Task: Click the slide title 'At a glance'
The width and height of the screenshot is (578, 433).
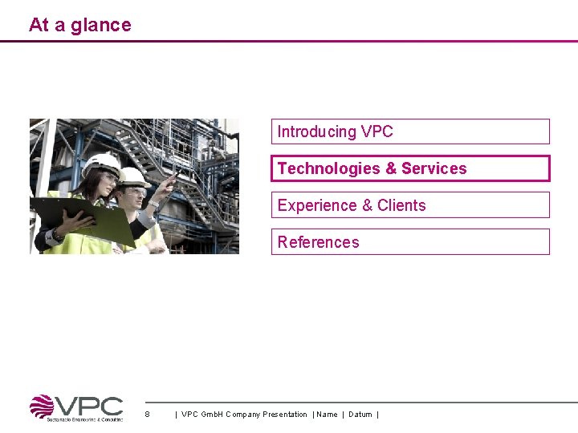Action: pyautogui.click(x=79, y=25)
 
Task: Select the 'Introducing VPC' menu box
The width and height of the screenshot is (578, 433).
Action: pyautogui.click(x=410, y=132)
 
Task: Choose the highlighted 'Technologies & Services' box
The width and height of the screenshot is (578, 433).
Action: pyautogui.click(x=410, y=168)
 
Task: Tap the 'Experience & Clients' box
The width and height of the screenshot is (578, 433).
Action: pyautogui.click(x=410, y=205)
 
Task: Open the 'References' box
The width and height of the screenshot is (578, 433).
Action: pyautogui.click(x=410, y=242)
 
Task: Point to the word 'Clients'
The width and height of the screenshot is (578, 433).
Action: pyautogui.click(x=401, y=205)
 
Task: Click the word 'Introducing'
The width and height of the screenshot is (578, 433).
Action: pyautogui.click(x=316, y=132)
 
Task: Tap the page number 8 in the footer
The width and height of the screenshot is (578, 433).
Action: pyautogui.click(x=147, y=415)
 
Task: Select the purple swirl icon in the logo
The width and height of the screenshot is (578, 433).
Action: pyautogui.click(x=42, y=407)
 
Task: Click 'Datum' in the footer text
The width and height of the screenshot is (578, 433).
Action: pyautogui.click(x=360, y=415)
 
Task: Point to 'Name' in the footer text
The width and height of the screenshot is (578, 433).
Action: pyautogui.click(x=328, y=415)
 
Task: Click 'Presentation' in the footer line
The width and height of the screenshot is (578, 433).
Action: pyautogui.click(x=284, y=415)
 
